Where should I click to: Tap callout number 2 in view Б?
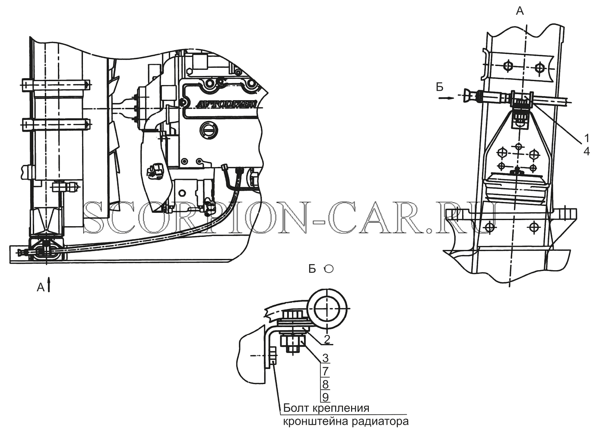327,339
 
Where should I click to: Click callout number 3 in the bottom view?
326,358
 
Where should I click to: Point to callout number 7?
326,371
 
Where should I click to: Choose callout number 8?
326,385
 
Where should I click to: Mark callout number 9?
326,397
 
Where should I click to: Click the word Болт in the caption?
295,408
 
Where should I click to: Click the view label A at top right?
520,11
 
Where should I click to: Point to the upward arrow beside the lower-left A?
49,284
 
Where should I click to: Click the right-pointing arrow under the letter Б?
446,98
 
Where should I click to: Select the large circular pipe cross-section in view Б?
328,309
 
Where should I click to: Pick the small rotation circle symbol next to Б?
329,269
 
